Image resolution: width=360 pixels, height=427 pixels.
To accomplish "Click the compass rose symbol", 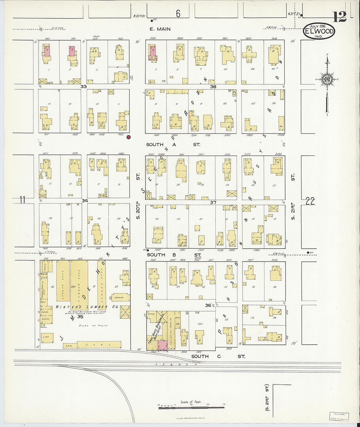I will (x=327, y=79).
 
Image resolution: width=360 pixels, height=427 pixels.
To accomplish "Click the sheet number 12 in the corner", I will (x=340, y=16).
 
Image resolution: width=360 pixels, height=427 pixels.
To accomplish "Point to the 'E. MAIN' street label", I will (x=160, y=29).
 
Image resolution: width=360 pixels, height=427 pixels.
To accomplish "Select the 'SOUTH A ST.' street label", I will (x=173, y=145).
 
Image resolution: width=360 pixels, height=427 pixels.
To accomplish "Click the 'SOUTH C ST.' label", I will (x=218, y=356).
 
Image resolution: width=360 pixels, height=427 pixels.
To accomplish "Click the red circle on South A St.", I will (x=129, y=137).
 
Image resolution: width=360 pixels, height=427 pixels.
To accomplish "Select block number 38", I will (x=213, y=87).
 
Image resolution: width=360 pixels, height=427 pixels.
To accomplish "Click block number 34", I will (x=85, y=201).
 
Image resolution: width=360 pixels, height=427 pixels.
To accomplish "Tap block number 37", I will (x=213, y=203).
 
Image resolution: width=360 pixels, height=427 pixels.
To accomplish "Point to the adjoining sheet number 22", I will (x=310, y=201).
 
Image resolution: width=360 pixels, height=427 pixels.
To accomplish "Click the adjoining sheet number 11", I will (x=22, y=200).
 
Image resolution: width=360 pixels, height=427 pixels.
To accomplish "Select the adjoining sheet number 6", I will (x=178, y=14).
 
